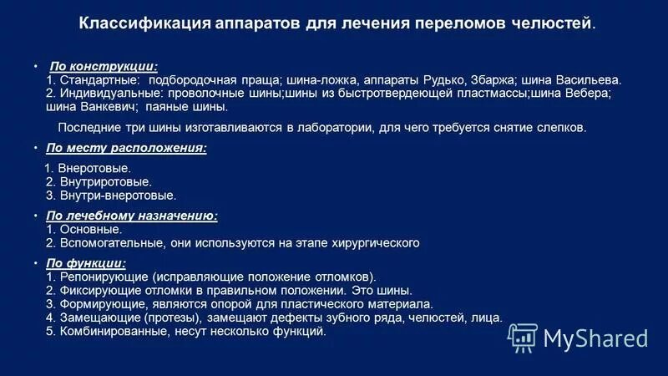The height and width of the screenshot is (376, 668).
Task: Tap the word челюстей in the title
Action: [553, 23]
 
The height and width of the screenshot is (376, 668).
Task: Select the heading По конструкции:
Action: [104, 65]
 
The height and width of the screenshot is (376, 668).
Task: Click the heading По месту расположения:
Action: [126, 148]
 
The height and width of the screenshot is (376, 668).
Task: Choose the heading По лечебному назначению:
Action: [132, 216]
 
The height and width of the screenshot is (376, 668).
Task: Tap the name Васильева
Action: [587, 79]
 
